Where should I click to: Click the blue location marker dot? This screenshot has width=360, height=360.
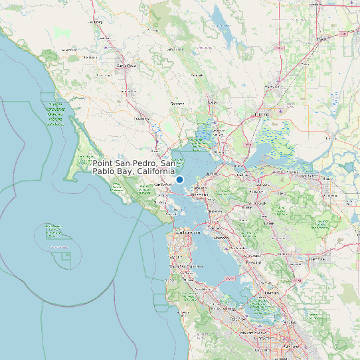179,179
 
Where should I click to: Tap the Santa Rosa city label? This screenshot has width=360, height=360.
126,66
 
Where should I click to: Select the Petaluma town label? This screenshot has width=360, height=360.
141,119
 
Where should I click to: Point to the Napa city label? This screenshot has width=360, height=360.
213,103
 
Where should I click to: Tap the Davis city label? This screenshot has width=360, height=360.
322,39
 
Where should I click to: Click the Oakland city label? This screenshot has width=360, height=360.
215,228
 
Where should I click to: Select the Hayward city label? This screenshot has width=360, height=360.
253,262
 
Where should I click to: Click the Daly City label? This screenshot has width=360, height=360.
175,256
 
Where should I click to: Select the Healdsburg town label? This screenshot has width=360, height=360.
97,22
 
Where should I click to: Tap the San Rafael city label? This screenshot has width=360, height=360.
163,184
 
